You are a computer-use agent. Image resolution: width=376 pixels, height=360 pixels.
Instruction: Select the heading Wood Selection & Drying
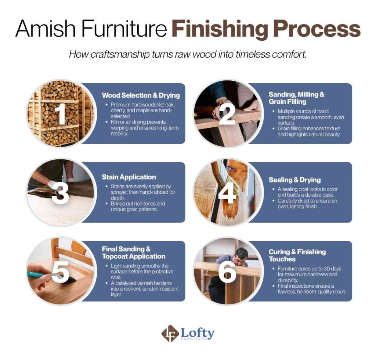141,95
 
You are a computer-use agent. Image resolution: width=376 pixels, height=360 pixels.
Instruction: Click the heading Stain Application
129,177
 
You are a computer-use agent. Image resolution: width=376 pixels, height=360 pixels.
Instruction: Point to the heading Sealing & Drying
294,180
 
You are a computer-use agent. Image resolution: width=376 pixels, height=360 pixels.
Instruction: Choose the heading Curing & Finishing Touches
297,255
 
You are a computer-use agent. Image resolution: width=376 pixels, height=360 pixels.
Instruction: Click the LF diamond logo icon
170,334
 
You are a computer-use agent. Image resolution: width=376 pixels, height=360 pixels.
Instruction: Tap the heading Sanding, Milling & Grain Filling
296,98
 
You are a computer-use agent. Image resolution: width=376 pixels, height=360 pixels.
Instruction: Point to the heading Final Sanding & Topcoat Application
133,252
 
